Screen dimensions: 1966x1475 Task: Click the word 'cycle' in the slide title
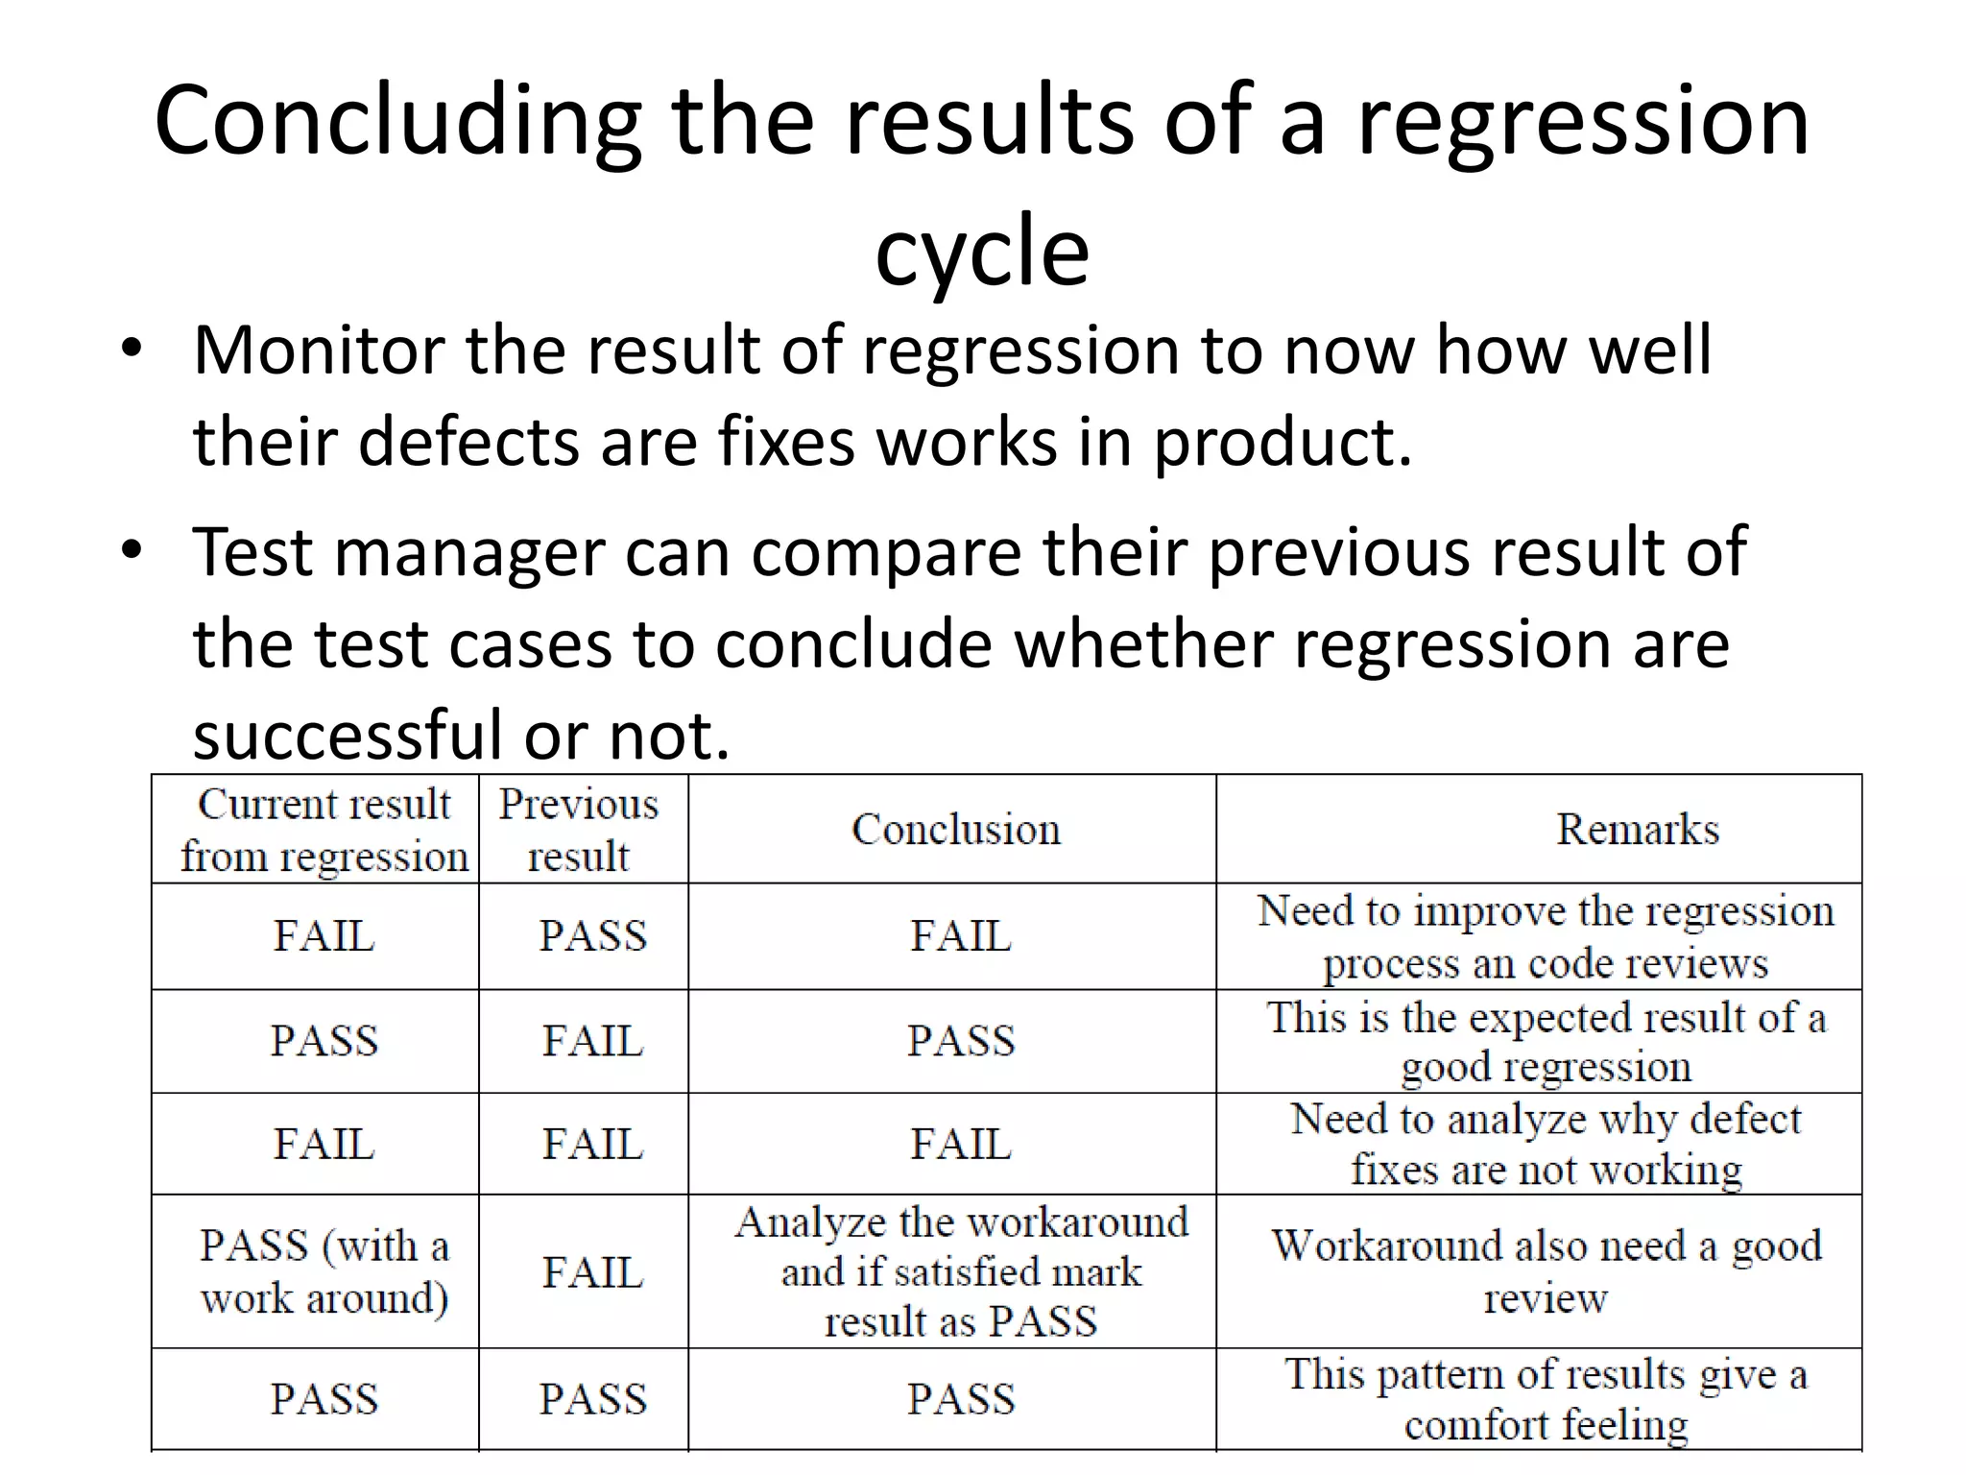pos(982,252)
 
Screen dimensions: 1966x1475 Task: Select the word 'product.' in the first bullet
pos(1283,443)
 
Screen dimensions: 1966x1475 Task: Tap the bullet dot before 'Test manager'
pos(132,550)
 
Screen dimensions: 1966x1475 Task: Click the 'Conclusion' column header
pos(956,830)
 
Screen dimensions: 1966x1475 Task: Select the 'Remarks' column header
pos(1637,830)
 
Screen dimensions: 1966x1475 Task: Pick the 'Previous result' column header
pos(579,830)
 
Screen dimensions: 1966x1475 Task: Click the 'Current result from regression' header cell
pos(324,830)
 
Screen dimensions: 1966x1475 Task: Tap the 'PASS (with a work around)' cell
pos(324,1271)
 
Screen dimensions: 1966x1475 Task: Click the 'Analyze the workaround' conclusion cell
pos(961,1271)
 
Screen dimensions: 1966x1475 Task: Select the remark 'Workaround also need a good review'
pos(1546,1271)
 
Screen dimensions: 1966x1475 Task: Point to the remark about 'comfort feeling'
pos(1546,1399)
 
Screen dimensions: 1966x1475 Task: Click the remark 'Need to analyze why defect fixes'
pos(1546,1144)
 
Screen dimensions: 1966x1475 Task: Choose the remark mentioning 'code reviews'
pos(1546,936)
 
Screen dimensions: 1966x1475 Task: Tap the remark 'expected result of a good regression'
pos(1546,1041)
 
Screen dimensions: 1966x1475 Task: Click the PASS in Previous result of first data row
pos(592,936)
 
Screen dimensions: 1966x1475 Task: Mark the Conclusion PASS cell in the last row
pos(961,1399)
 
